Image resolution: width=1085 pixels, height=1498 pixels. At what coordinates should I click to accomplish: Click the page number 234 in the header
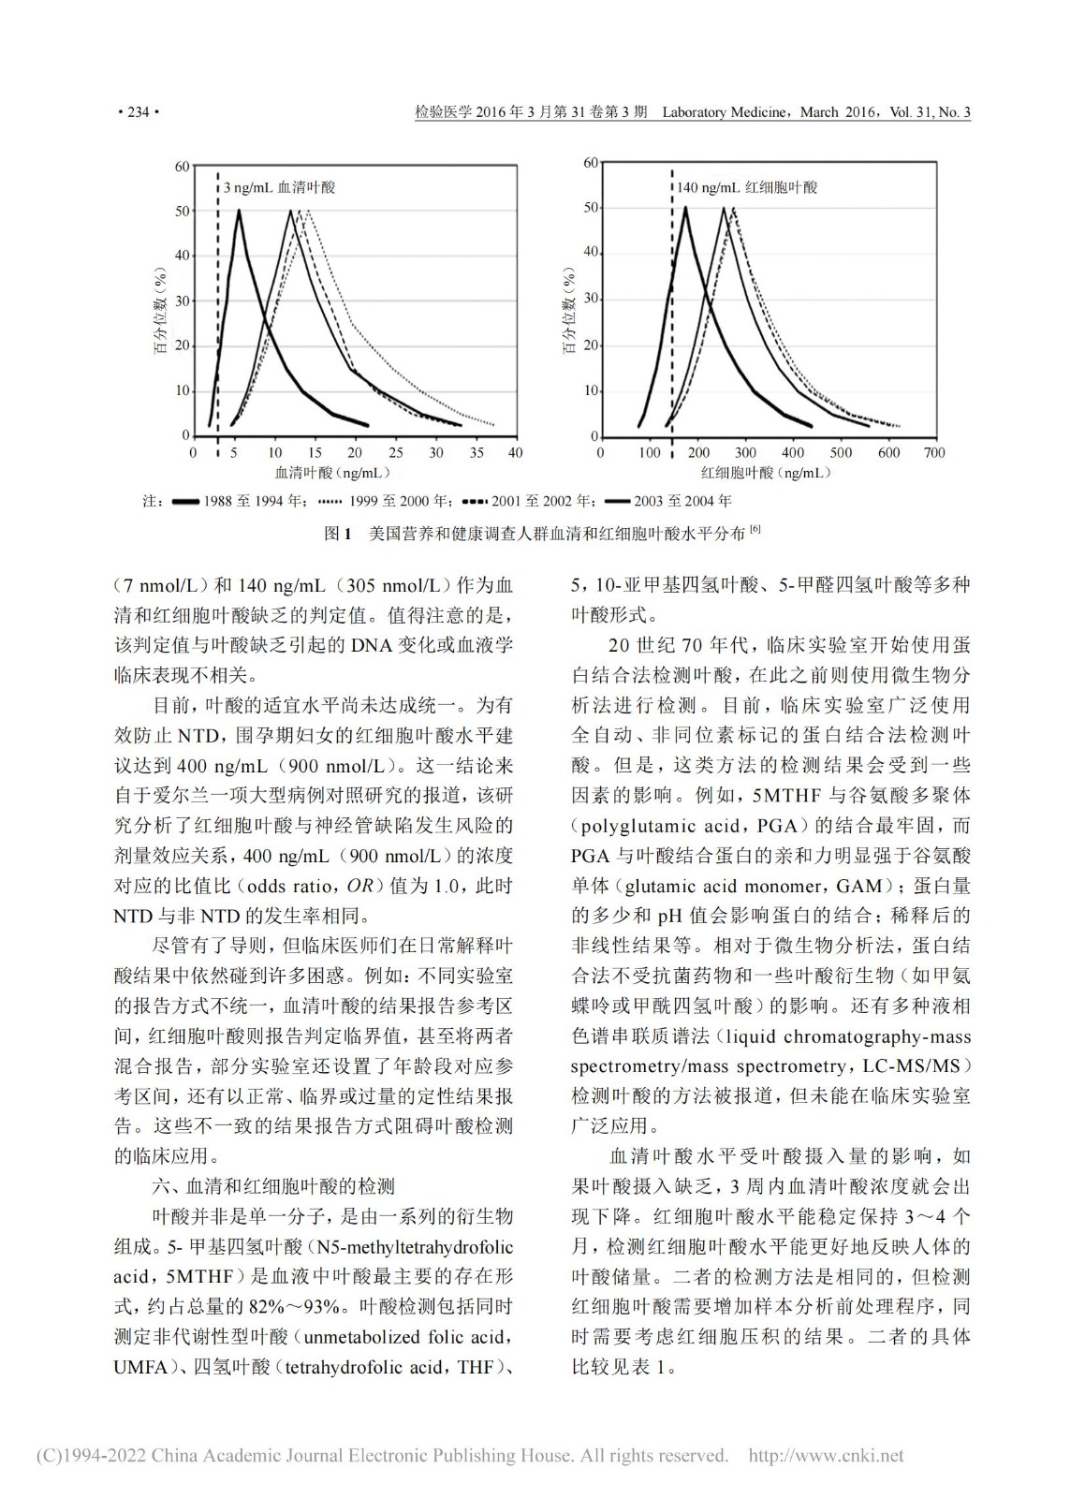139,112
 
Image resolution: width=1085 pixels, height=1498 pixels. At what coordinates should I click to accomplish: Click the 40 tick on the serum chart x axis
515,453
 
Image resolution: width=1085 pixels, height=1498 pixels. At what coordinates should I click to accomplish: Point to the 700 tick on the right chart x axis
933,453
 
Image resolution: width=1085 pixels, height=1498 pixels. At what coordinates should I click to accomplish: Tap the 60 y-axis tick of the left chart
182,167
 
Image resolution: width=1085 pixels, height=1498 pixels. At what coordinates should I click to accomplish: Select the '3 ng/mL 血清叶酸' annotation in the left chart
278,187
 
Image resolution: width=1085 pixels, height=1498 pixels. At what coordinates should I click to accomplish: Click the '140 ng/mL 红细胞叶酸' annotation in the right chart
746,187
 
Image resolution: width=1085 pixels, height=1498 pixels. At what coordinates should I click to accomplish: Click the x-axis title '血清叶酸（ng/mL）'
331,474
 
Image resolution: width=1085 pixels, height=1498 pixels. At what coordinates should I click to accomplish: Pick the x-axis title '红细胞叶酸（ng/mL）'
765,474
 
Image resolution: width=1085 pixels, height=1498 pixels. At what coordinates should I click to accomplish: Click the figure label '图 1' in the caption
336,534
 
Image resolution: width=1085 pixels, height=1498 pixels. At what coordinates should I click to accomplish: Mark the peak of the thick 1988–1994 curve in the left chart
239,211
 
